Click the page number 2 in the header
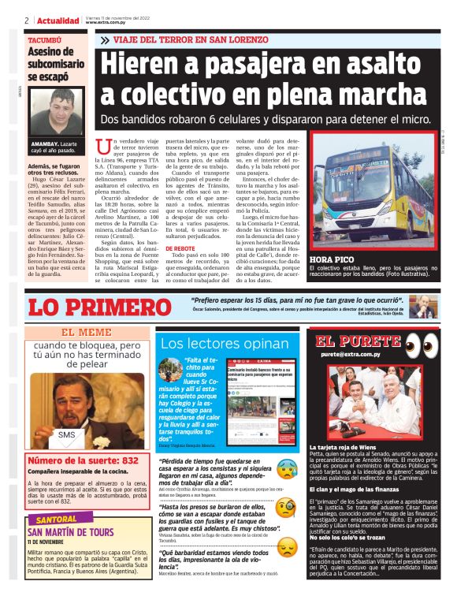click(x=27, y=20)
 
